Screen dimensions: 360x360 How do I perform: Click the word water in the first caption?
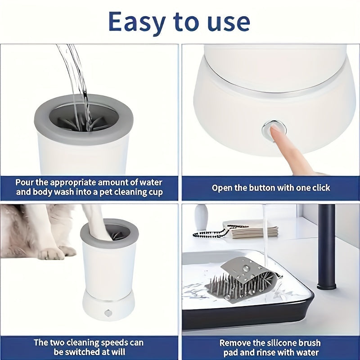click(148, 183)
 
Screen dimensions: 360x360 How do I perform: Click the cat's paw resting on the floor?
click(52, 253)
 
